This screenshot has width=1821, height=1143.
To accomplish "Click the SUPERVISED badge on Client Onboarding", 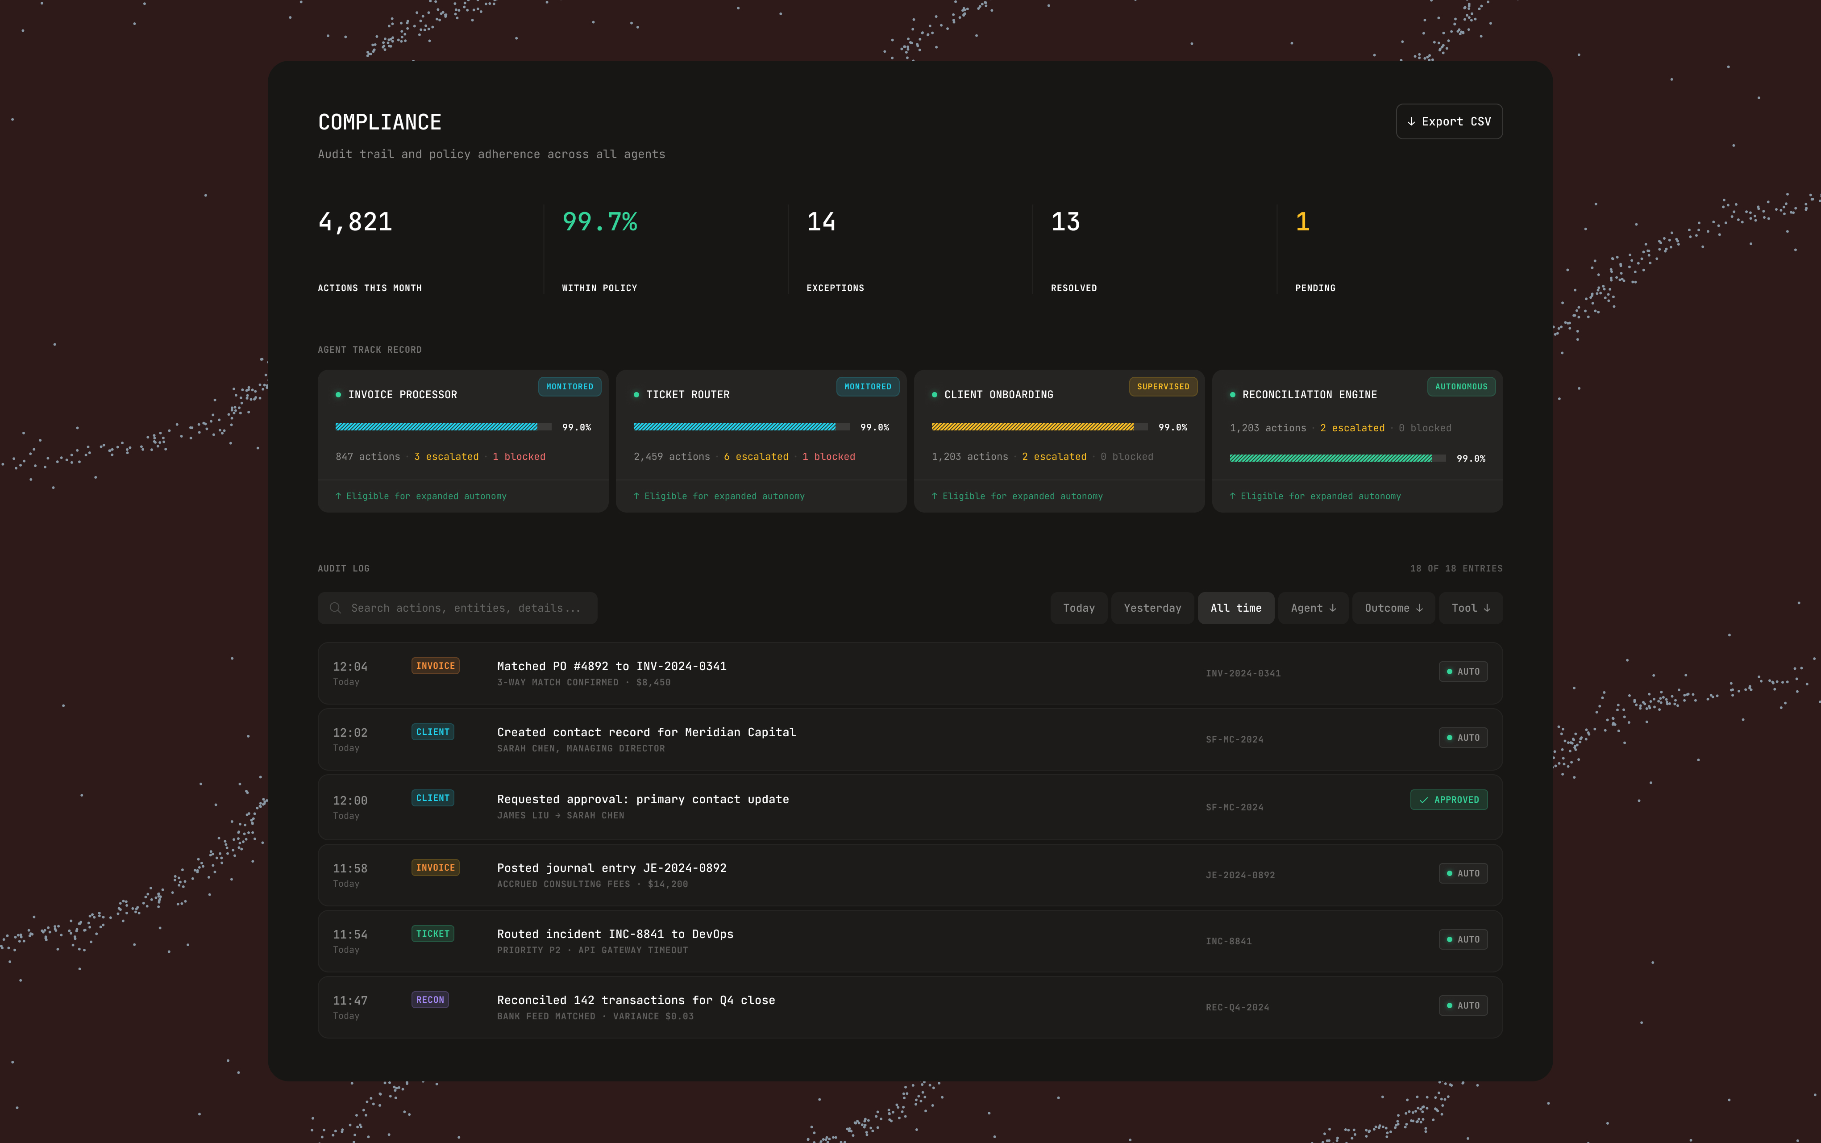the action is coord(1163,386).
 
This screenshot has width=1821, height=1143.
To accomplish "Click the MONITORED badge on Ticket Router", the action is coord(868,386).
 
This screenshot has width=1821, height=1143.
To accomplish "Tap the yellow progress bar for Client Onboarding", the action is coord(1039,427).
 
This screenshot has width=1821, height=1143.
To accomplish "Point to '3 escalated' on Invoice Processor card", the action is coord(447,457).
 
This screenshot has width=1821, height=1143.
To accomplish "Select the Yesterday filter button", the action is coord(1152,608).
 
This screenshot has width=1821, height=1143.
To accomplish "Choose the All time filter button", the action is coord(1236,608).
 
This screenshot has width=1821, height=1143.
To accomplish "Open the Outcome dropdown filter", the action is coord(1393,608).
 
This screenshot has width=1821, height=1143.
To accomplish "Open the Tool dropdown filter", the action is coord(1470,608).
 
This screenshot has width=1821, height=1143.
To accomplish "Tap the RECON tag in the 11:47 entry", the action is coord(430,999).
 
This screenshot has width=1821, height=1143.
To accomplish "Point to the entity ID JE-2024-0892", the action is coord(1240,876).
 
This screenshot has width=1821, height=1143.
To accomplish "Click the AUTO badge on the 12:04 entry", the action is coord(1463,671).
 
